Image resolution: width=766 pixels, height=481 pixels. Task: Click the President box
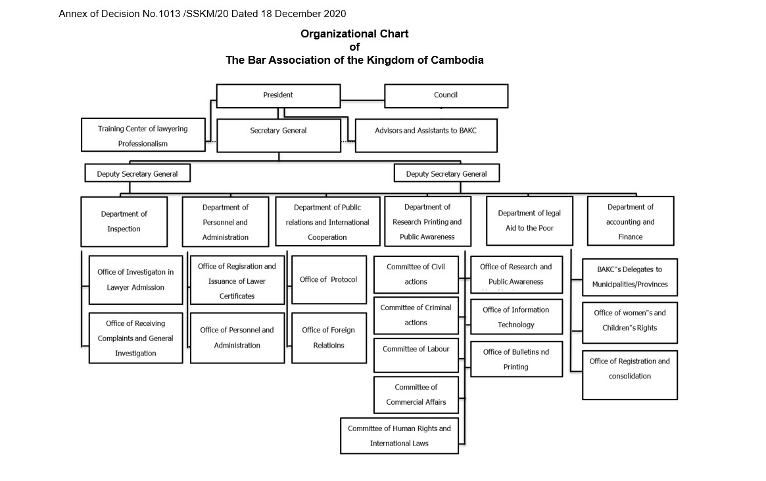coord(278,95)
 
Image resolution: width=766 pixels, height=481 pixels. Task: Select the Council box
coord(446,95)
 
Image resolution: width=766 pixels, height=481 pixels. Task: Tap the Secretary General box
coord(278,131)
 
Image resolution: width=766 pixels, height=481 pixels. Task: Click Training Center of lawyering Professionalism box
coord(143,136)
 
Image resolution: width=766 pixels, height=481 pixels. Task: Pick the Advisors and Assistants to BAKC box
coord(425,131)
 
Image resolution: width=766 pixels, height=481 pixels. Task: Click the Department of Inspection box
coord(124,221)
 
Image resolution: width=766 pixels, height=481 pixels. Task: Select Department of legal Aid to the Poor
coord(529,221)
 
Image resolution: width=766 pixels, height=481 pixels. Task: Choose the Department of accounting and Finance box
coord(630,221)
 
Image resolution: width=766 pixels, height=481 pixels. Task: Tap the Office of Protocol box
coord(329,279)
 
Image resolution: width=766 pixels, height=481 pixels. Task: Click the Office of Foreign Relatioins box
coord(329,337)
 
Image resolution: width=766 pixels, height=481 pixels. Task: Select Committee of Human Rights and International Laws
coord(399,436)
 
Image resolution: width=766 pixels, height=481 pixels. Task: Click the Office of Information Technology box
coord(516,317)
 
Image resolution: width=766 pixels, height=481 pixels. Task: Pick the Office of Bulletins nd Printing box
coord(516,359)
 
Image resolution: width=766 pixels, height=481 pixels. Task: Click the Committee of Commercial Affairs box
coord(416,394)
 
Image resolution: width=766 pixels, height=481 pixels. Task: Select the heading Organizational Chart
coord(354,34)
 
